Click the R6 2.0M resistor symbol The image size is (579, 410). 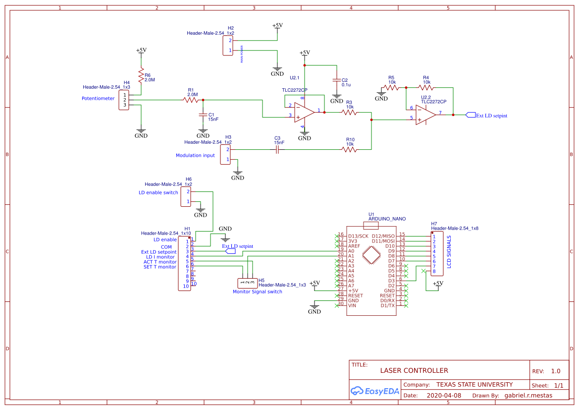click(141, 76)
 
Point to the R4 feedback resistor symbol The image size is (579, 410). click(426, 87)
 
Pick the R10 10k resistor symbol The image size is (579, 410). click(350, 149)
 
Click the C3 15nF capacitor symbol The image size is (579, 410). click(277, 149)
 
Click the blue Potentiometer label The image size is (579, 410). click(98, 99)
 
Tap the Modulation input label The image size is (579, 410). click(195, 156)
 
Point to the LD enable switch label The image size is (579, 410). click(158, 193)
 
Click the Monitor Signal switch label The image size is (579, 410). click(257, 292)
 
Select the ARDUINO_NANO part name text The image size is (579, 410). click(387, 219)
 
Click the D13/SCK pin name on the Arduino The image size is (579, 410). click(358, 236)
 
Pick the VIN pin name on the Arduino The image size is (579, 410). click(352, 305)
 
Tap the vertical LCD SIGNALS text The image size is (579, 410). click(449, 251)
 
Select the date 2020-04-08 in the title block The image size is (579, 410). click(443, 396)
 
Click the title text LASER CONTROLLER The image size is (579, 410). click(414, 370)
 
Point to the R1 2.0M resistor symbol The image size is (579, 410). click(191, 100)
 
